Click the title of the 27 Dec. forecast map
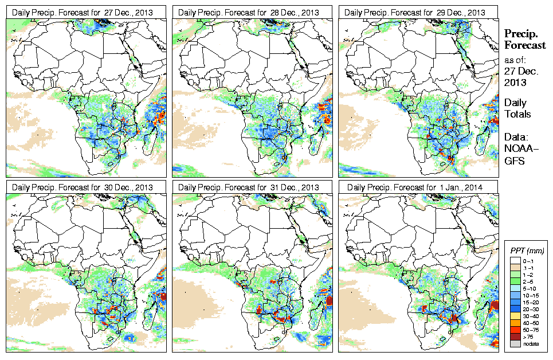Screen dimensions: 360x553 pyautogui.click(x=83, y=13)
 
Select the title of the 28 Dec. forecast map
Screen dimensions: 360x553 pyautogui.click(x=249, y=13)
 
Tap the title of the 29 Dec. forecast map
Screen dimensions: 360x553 pyautogui.click(x=415, y=13)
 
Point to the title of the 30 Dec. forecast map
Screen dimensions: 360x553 pyautogui.click(x=83, y=187)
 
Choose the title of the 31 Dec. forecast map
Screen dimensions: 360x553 pyautogui.click(x=249, y=187)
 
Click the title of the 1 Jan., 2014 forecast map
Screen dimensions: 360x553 pyautogui.click(x=415, y=187)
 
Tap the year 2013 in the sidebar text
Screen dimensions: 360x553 pyautogui.click(x=515, y=83)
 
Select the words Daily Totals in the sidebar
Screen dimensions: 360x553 pyautogui.click(x=517, y=108)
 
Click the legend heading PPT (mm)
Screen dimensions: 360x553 pyautogui.click(x=527, y=251)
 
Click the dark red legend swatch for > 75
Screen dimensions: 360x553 pyautogui.click(x=516, y=337)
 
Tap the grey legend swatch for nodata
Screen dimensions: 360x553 pyautogui.click(x=516, y=344)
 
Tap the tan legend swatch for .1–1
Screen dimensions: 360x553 pyautogui.click(x=516, y=268)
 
